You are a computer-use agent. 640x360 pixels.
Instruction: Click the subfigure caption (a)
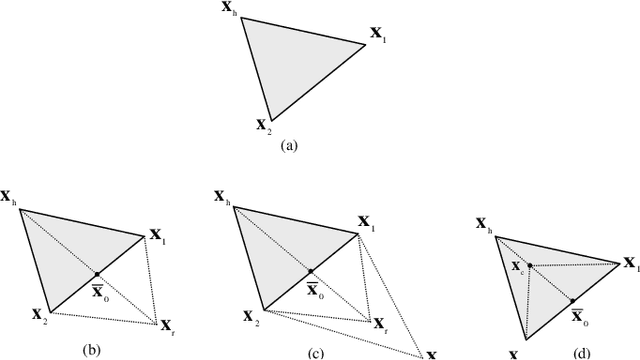(x=289, y=144)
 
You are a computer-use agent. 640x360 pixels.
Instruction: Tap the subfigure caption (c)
(x=317, y=350)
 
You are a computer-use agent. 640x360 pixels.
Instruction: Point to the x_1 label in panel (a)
(x=379, y=35)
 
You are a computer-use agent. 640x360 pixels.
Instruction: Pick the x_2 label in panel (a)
(x=263, y=125)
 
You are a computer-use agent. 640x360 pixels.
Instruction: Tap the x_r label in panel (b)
(x=168, y=326)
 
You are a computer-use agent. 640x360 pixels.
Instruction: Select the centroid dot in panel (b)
(x=97, y=273)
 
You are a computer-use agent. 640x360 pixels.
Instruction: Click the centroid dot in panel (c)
(x=311, y=271)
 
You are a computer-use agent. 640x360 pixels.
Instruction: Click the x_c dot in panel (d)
(x=528, y=265)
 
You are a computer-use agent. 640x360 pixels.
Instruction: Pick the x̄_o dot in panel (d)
(x=572, y=300)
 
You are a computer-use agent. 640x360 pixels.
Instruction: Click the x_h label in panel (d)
(x=484, y=226)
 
